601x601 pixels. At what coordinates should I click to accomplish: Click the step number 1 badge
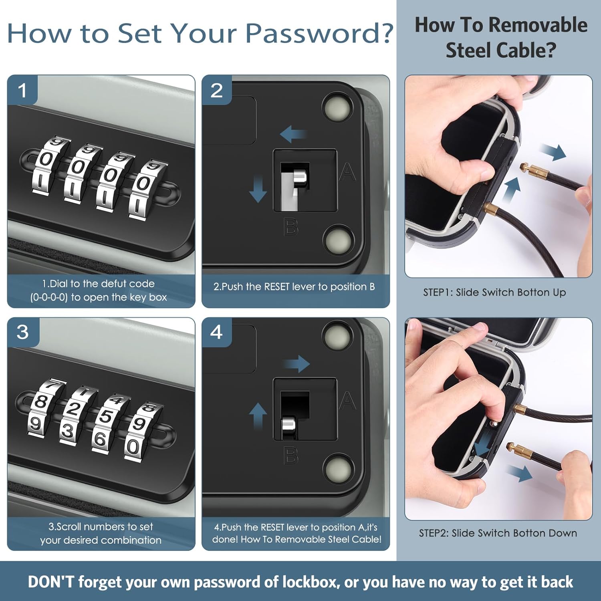coord(22,90)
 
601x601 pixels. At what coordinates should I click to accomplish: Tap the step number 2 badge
coord(217,90)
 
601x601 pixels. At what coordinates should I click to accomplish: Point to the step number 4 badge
coord(217,332)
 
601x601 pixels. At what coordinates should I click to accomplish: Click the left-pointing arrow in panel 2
coord(294,134)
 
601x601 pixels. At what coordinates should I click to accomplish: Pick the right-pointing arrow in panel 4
coord(296,364)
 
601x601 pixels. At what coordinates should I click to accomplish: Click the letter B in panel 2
coord(290,226)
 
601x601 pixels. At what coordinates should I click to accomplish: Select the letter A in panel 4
coord(347,401)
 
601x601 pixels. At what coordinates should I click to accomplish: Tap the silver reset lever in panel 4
coord(289,427)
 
